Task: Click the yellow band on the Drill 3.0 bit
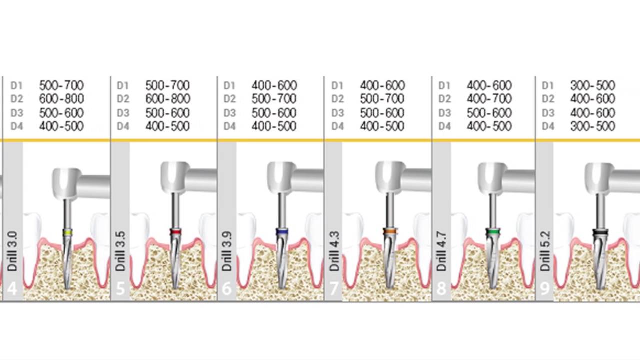coord(67,232)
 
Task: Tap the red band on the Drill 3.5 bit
coord(175,231)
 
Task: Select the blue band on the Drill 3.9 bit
coord(282,231)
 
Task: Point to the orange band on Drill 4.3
coord(390,231)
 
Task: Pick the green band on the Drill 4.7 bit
coord(492,231)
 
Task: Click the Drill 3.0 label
coord(13,251)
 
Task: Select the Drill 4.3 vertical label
coord(334,251)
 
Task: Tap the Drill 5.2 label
coord(545,251)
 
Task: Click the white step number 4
coord(12,289)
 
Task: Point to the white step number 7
coord(333,289)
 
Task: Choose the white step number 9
coord(544,289)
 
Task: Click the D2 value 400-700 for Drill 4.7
coord(489,99)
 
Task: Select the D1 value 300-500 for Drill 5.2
coord(593,85)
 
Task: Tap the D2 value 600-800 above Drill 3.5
coord(168,99)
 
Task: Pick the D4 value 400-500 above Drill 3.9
coord(274,126)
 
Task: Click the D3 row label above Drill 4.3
coord(337,113)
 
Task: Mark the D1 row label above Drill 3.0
coord(16,85)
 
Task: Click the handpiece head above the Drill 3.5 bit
coord(175,177)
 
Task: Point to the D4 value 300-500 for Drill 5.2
coord(593,126)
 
